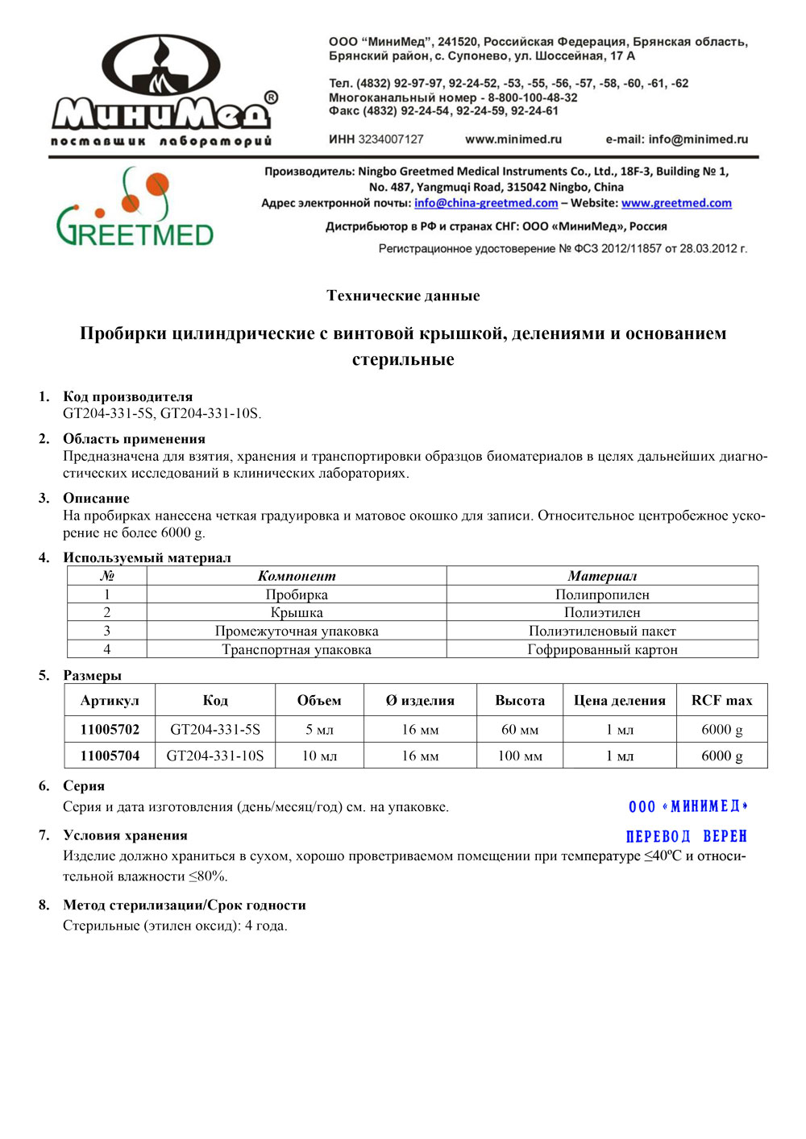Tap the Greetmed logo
(x=135, y=208)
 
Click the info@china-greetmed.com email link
(x=486, y=203)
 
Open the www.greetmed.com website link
(x=676, y=203)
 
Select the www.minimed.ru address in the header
(x=513, y=139)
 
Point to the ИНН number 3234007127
(x=391, y=139)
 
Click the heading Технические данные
(x=403, y=296)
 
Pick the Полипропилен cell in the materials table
(x=602, y=594)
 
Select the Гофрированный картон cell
(x=602, y=649)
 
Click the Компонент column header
(x=297, y=576)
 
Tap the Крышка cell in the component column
(x=297, y=612)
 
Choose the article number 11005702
(x=110, y=730)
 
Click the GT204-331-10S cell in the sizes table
(x=215, y=756)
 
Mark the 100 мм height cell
(x=520, y=756)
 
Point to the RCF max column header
(x=721, y=701)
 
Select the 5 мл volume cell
(x=319, y=730)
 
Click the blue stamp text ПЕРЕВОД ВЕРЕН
(x=687, y=836)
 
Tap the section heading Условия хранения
(x=125, y=835)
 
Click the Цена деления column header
(x=619, y=701)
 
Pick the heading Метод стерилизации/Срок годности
(x=185, y=905)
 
